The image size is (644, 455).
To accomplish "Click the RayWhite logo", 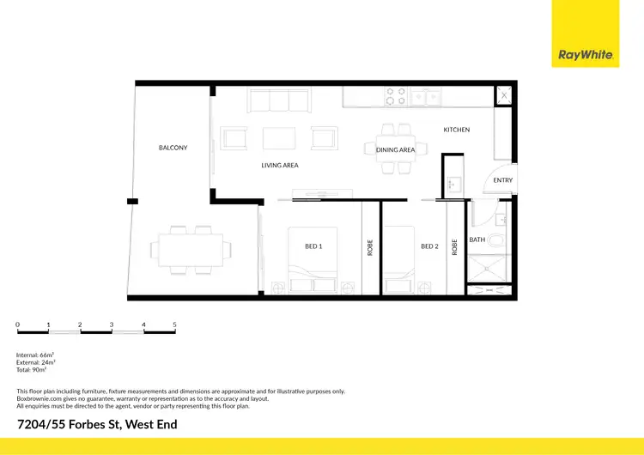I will (586, 55).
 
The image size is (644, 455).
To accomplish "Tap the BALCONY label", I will (173, 148).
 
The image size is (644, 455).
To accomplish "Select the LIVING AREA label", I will (280, 165).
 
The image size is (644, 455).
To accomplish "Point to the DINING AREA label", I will (395, 149).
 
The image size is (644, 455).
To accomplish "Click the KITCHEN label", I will (456, 130).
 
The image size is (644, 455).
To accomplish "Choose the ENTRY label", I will (502, 180).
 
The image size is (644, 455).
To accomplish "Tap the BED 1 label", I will (313, 246).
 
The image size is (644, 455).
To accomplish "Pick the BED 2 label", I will (429, 246).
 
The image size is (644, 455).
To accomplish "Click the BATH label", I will (477, 240).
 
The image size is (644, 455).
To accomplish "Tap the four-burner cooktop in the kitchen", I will (395, 95).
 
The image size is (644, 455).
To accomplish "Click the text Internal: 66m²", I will (35, 355).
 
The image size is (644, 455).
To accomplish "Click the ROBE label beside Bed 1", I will (370, 247).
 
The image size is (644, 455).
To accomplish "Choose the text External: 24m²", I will (37, 361).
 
